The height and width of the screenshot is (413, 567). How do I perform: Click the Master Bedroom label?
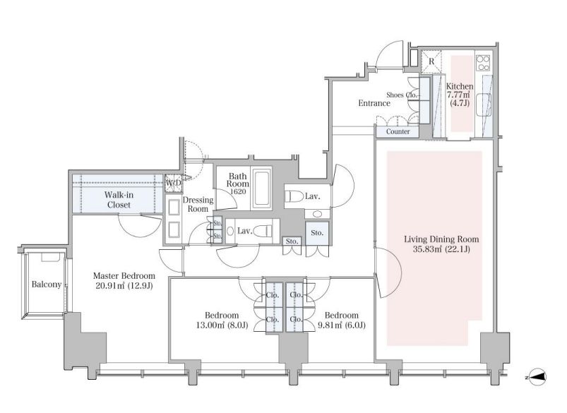124,276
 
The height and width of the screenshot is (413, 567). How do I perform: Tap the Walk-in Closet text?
119,200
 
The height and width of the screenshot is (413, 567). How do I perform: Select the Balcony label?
47,285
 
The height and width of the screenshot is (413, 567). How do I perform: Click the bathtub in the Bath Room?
262,188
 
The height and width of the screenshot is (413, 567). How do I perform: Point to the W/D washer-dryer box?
174,183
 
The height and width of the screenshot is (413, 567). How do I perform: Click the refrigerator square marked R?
431,62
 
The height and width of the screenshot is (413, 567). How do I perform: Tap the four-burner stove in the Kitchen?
483,63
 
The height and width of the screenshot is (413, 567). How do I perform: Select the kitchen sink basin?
484,105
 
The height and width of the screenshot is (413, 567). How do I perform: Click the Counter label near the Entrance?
398,131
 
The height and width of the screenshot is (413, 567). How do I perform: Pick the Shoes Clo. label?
402,95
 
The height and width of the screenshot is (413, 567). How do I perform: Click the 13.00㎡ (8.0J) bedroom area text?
222,325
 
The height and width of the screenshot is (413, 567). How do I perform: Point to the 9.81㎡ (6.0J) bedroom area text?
342,325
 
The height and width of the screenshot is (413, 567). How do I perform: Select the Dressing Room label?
198,204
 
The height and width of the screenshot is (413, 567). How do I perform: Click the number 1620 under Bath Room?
237,191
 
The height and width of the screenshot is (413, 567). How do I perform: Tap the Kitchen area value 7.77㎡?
458,95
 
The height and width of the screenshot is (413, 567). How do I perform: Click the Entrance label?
374,103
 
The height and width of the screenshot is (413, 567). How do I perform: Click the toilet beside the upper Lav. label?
294,196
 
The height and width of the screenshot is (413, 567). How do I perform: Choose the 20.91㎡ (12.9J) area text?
124,286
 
